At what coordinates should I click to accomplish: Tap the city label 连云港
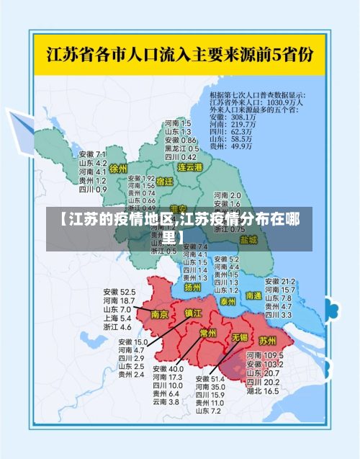pyautogui.click(x=191, y=166)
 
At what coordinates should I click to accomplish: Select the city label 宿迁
pyautogui.click(x=164, y=181)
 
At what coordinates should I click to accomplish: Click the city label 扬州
pyautogui.click(x=192, y=287)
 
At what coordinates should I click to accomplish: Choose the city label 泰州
pyautogui.click(x=228, y=300)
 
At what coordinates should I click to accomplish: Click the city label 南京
pyautogui.click(x=160, y=315)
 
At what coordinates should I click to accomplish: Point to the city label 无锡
pyautogui.click(x=239, y=337)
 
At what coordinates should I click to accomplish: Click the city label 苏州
pyautogui.click(x=267, y=339)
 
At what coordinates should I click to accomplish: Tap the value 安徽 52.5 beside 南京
pyautogui.click(x=119, y=292)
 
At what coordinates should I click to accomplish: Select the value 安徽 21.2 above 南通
pyautogui.click(x=280, y=281)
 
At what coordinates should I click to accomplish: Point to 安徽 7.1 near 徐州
pyautogui.click(x=92, y=154)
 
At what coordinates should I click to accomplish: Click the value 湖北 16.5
pyautogui.click(x=262, y=391)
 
